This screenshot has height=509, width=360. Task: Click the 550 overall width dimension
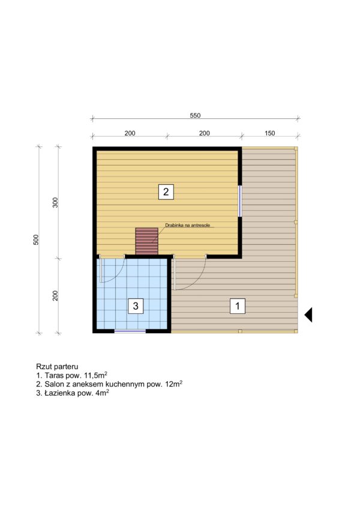(x=195, y=115)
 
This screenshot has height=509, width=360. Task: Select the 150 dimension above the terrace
(x=270, y=133)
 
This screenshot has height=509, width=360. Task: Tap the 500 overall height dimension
(x=36, y=239)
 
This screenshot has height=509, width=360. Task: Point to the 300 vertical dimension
(x=55, y=202)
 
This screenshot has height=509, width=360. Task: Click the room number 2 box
(x=166, y=191)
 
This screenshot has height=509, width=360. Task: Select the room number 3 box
(x=136, y=306)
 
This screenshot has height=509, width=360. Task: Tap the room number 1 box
(x=237, y=306)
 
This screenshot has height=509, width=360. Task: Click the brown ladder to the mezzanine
(x=146, y=241)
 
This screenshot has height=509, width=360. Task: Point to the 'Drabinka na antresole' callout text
(x=188, y=225)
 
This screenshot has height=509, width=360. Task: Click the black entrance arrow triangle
(x=308, y=315)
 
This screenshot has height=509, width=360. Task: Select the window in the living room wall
(x=240, y=201)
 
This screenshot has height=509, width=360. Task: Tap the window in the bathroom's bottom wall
(x=130, y=331)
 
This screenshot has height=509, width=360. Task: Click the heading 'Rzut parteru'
(x=57, y=367)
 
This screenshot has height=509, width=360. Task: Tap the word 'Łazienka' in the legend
(x=56, y=393)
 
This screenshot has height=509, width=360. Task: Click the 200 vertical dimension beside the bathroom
(x=55, y=295)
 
